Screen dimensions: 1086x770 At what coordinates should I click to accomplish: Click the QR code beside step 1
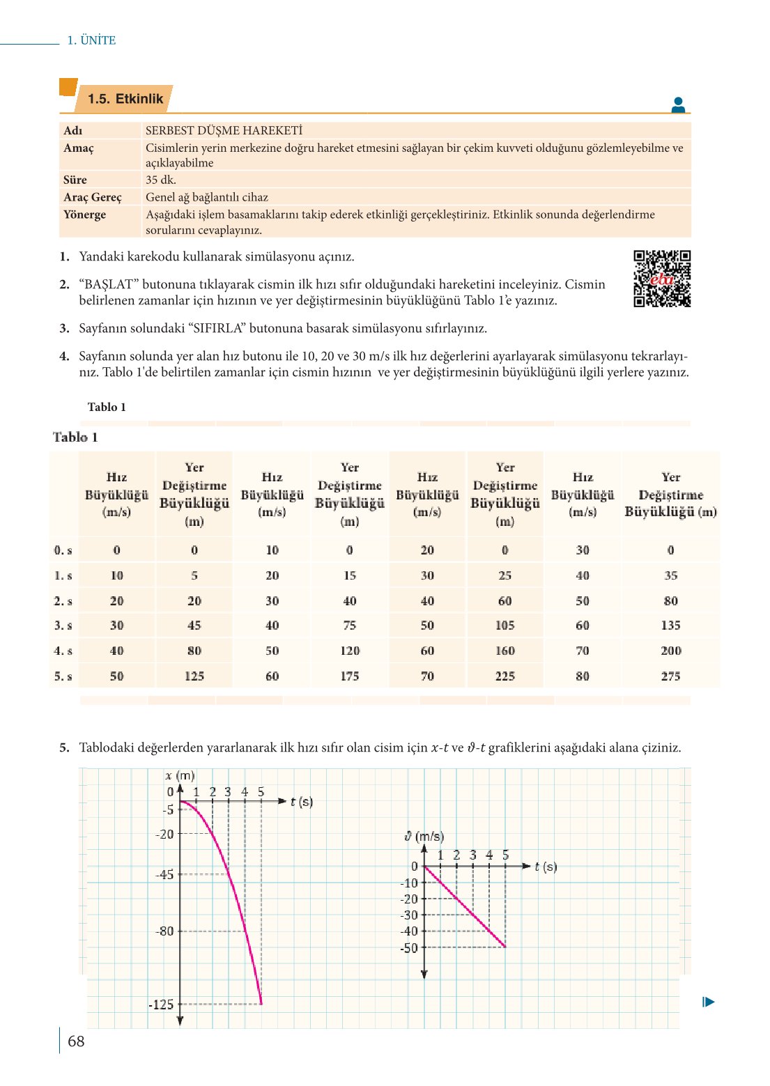tap(661, 279)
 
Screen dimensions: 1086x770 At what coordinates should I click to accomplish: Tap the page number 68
tap(76, 1041)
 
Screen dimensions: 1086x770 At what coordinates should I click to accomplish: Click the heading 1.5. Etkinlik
tap(125, 99)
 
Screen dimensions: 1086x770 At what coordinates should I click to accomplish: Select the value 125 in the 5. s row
tap(194, 676)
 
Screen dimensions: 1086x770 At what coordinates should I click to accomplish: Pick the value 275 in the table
tap(670, 676)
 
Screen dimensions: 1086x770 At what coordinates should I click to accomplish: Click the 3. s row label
tap(63, 626)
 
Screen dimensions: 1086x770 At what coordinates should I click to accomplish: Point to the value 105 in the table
tap(505, 626)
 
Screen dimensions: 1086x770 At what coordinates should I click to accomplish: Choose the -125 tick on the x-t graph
tap(161, 1004)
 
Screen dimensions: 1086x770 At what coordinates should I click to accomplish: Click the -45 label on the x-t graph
tap(165, 874)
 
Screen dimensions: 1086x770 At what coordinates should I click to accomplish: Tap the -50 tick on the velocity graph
tap(409, 948)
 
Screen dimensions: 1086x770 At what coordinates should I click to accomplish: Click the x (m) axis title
tap(180, 775)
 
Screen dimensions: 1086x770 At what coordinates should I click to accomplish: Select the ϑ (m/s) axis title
tap(424, 837)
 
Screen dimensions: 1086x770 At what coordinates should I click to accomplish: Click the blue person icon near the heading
tap(678, 105)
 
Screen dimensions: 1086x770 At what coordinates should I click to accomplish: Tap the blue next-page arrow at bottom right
tap(709, 1002)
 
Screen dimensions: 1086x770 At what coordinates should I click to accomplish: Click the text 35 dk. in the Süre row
tap(161, 180)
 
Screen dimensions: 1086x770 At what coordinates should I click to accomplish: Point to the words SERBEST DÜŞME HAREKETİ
tap(224, 130)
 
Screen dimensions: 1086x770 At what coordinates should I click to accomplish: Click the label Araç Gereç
tap(93, 197)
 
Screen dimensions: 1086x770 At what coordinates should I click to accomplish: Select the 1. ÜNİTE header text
tap(91, 40)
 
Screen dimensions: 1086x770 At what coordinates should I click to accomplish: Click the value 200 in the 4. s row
tap(670, 651)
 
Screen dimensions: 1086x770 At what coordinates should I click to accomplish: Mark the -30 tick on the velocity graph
tap(409, 915)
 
